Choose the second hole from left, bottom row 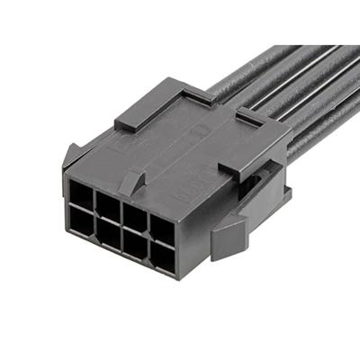point(108,231)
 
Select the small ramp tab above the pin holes point(133,181)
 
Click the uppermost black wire point(243,67)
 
